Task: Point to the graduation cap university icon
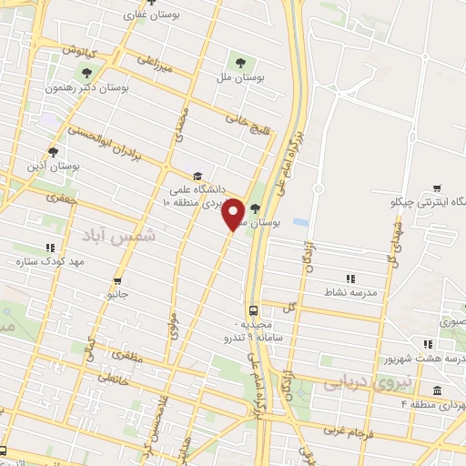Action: pos(197,177)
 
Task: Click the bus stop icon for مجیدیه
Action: pos(254,309)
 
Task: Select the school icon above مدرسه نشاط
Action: pos(350,279)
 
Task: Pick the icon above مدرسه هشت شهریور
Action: pos(427,343)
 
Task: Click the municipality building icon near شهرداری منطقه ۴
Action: pos(438,390)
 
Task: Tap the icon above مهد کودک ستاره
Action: pos(50,247)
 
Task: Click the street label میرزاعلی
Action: pos(154,62)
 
